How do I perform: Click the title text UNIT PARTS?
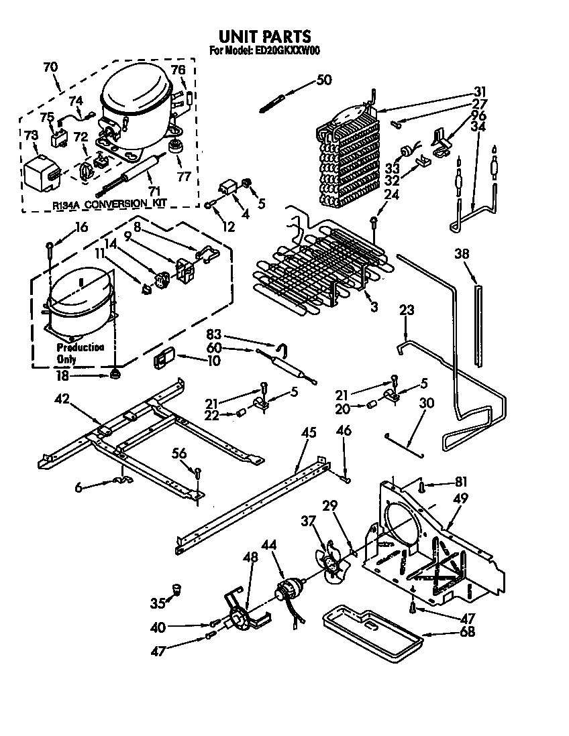pos(265,36)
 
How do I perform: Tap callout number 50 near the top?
pos(323,80)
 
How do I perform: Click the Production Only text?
pos(79,353)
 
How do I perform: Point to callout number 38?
pos(462,254)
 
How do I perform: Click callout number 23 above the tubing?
pos(406,310)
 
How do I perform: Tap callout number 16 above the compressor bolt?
pos(81,227)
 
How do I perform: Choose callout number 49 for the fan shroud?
pos(460,498)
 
